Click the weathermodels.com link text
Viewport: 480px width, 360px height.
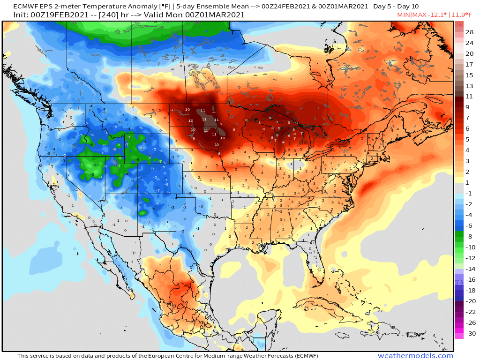point(415,356)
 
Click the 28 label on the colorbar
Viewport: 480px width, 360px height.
point(469,32)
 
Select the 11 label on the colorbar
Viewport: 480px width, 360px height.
point(469,97)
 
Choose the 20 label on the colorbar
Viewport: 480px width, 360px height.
point(469,54)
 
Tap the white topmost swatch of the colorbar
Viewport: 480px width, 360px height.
point(459,24)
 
